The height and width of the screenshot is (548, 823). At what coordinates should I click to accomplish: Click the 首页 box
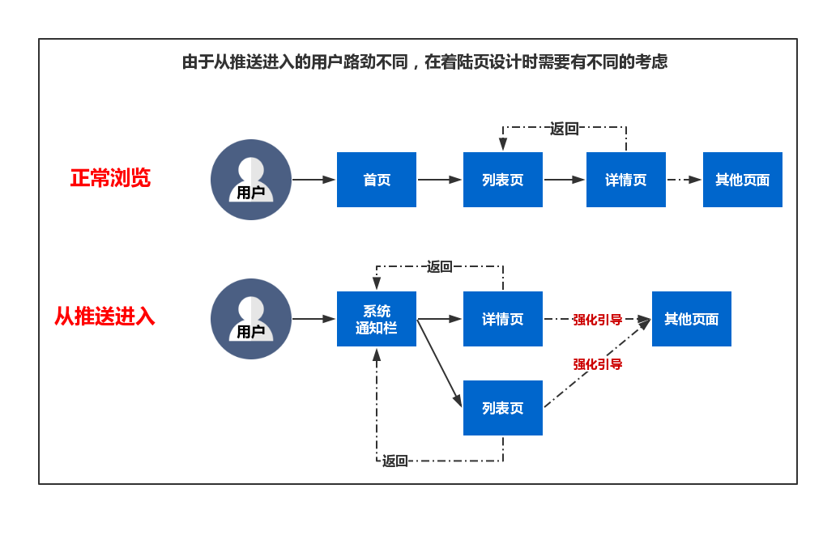click(x=377, y=180)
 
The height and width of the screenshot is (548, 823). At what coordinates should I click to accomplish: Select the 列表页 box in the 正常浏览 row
click(x=503, y=180)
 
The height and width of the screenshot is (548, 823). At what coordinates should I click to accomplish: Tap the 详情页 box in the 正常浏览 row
click(x=626, y=180)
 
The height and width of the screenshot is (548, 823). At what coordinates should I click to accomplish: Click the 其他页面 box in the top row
click(x=743, y=180)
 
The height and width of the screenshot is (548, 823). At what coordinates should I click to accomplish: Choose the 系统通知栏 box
click(x=377, y=319)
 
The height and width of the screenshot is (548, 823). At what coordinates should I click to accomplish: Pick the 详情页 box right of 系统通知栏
click(x=503, y=319)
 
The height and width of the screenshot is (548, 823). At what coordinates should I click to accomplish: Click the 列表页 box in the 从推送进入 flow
click(x=503, y=408)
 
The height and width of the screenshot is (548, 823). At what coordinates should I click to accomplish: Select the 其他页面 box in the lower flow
click(x=692, y=319)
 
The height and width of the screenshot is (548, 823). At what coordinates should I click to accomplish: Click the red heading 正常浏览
click(x=110, y=178)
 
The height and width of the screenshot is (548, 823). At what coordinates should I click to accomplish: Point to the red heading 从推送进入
click(x=104, y=316)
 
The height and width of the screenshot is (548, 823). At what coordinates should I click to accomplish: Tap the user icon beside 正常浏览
click(x=251, y=180)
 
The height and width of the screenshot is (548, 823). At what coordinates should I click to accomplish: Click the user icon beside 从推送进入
click(x=251, y=319)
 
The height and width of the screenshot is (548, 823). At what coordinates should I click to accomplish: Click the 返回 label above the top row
click(x=565, y=128)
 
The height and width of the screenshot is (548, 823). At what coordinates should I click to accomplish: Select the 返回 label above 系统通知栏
click(x=440, y=266)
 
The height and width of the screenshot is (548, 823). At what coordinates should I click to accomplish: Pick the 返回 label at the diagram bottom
click(x=395, y=461)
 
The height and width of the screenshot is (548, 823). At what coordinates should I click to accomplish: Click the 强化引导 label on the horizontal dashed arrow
click(x=598, y=320)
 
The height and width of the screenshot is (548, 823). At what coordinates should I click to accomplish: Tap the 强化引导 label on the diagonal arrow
click(x=598, y=364)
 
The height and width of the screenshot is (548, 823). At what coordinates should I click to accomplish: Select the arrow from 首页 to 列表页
click(x=440, y=180)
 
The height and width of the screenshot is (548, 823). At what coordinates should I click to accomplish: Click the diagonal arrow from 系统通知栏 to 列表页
click(x=440, y=363)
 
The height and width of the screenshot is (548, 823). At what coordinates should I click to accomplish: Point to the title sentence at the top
click(x=425, y=62)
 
